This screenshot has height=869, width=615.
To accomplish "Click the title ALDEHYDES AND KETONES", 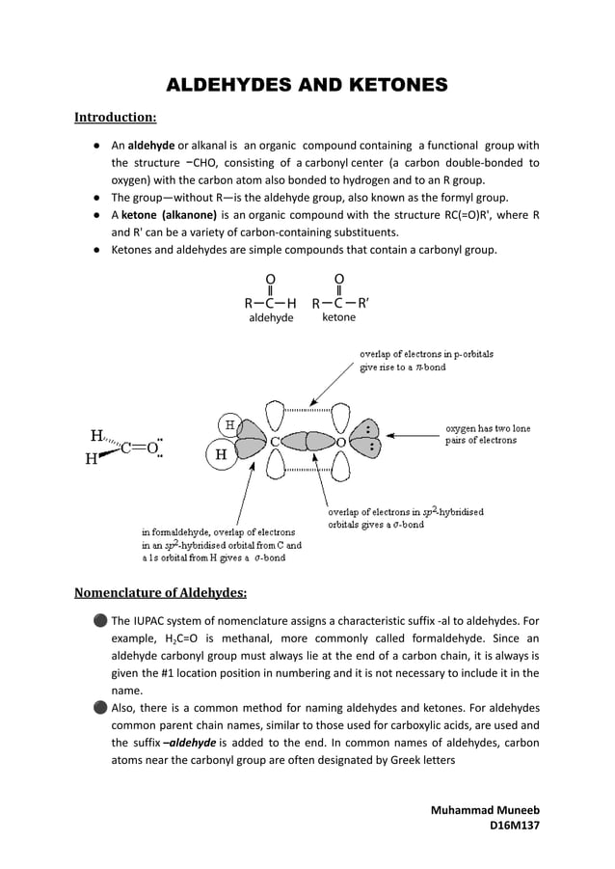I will (307, 86).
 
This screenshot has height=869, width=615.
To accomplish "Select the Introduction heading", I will (116, 118).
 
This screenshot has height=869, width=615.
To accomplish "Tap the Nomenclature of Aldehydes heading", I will (161, 592).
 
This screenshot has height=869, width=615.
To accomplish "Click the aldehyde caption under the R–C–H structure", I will (271, 317).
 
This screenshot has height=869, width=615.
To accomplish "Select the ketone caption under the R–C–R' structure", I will (338, 316).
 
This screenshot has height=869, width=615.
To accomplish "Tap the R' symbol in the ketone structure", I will (363, 302).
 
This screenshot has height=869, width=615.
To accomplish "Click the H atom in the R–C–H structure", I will (292, 302).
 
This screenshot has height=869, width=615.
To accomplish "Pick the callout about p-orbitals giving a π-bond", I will (426, 361).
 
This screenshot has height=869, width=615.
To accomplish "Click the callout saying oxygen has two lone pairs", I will (487, 434).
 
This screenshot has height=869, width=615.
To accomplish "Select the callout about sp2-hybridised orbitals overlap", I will (405, 518).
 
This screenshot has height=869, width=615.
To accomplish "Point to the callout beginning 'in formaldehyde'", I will (221, 544).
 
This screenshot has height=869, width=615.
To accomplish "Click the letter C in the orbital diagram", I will (275, 442).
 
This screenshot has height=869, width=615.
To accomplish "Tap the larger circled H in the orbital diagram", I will (221, 454).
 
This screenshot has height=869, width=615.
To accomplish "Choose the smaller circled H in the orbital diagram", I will (229, 424).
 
